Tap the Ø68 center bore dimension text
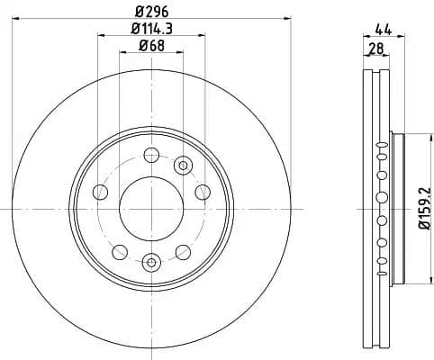(x=150, y=47)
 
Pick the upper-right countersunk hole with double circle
(x=184, y=165)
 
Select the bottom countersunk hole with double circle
(x=150, y=262)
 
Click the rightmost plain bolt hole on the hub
(x=202, y=192)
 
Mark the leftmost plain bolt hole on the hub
(x=100, y=192)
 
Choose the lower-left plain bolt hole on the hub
(x=119, y=251)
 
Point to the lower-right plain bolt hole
(x=183, y=251)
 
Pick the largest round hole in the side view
(x=382, y=198)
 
